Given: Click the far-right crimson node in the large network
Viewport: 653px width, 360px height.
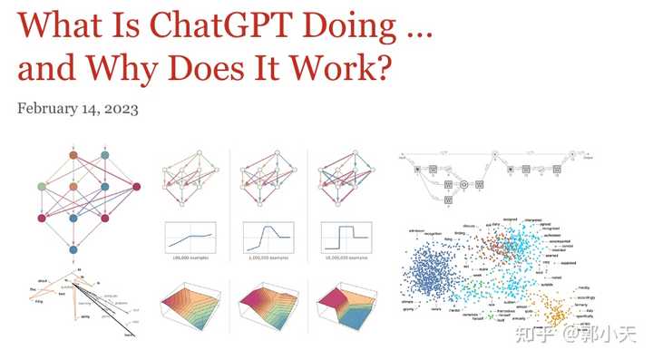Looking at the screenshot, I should (137, 188).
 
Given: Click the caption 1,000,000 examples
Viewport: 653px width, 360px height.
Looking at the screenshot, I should (268, 259).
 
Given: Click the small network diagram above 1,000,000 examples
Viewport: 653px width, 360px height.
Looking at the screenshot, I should (268, 181).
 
